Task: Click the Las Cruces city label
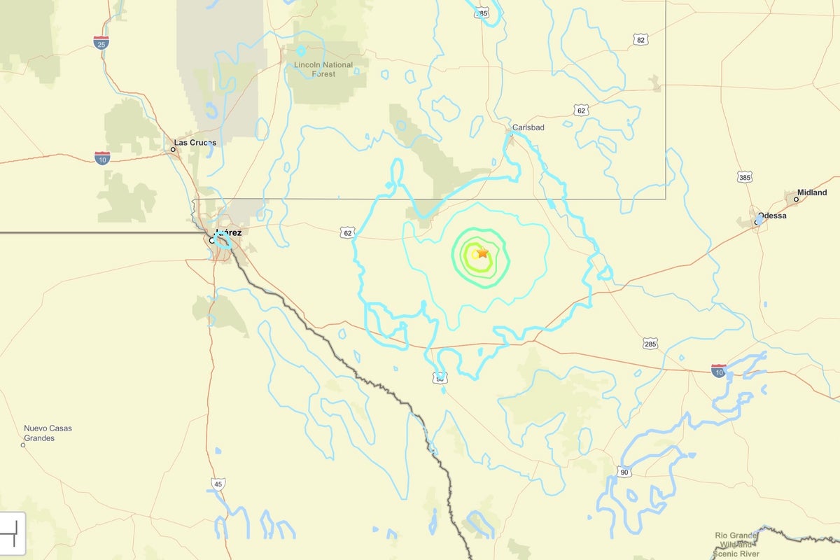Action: (x=195, y=143)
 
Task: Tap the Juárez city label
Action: (x=229, y=232)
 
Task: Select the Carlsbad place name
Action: (x=528, y=127)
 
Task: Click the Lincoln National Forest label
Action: (x=323, y=69)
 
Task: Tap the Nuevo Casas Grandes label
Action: (x=48, y=433)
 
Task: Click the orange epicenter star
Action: (x=482, y=252)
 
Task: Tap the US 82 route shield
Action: (x=641, y=40)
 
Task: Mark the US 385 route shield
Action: (x=745, y=177)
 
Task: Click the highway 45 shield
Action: (x=218, y=484)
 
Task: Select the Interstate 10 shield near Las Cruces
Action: (x=102, y=157)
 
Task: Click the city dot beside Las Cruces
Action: (x=172, y=149)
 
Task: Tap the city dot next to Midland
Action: (x=796, y=199)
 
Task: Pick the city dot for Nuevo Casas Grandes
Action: (x=23, y=444)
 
